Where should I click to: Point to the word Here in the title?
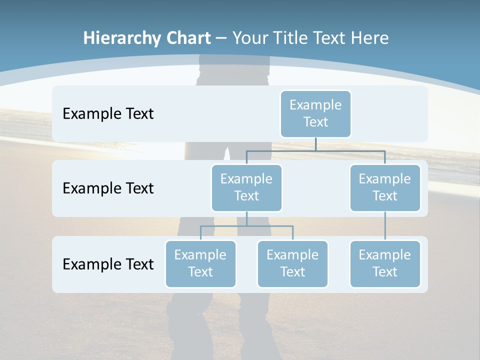(x=369, y=38)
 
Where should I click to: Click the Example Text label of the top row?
(x=108, y=113)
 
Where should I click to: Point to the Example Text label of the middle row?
(x=108, y=188)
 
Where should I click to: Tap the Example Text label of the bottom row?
(x=108, y=264)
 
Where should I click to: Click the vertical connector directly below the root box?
(x=315, y=144)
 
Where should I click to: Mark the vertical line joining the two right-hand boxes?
(x=385, y=226)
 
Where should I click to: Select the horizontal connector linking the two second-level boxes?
(x=315, y=150)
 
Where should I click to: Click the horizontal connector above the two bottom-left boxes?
(x=246, y=226)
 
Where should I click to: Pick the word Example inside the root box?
(x=315, y=105)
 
